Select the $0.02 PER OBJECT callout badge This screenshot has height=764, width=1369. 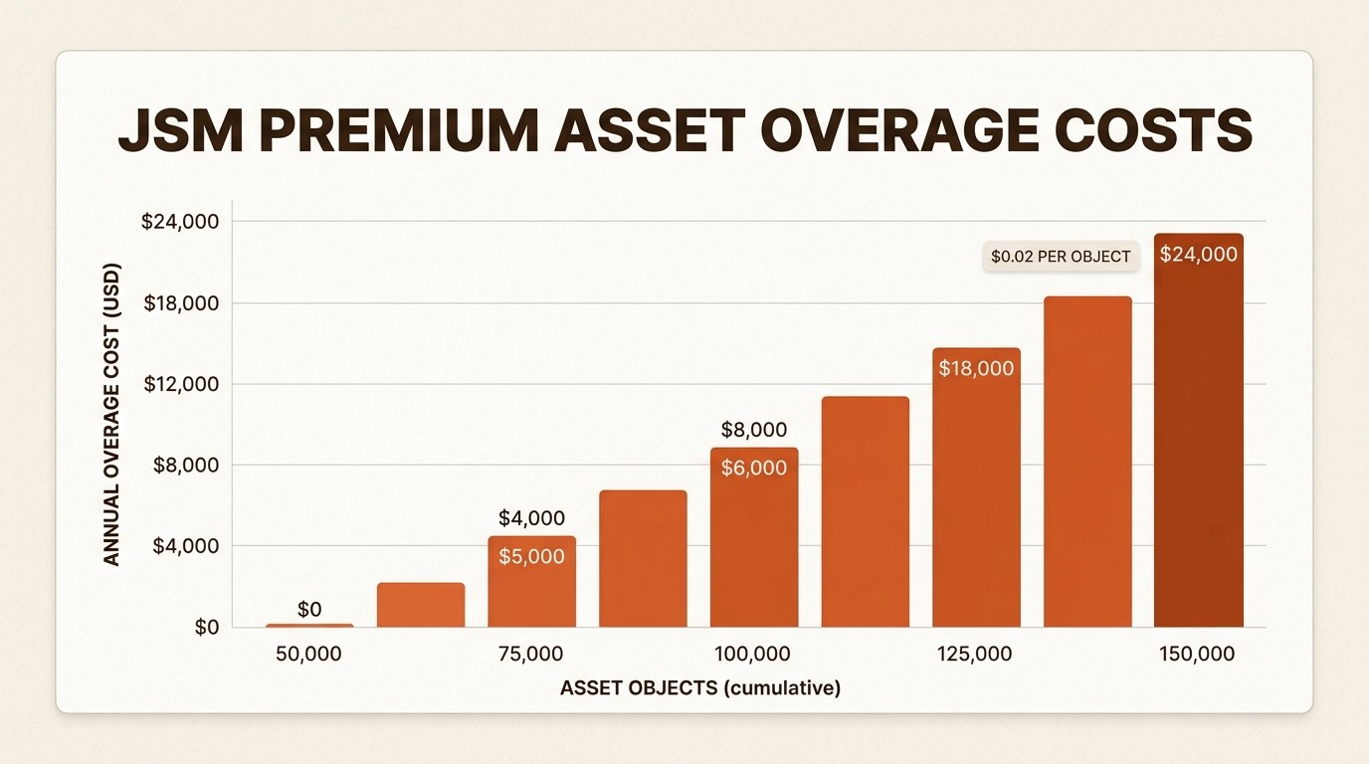[1061, 257]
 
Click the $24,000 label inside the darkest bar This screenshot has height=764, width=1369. [1198, 255]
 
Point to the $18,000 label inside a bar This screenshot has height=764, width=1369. [976, 369]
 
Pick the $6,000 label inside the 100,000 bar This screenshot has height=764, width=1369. [753, 469]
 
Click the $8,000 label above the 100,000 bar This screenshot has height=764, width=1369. [753, 431]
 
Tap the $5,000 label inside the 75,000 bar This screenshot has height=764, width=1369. [531, 557]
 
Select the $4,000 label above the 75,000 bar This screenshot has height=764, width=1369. [531, 518]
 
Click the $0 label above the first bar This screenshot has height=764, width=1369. [309, 610]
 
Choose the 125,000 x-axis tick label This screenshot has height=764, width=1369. [974, 655]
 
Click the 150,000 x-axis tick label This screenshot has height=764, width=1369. [1197, 655]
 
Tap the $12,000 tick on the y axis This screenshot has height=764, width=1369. [182, 384]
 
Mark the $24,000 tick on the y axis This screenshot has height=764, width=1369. [180, 222]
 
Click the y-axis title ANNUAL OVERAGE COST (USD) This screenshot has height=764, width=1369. [112, 415]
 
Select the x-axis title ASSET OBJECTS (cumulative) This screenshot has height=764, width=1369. [699, 688]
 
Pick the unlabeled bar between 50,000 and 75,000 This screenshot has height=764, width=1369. [421, 605]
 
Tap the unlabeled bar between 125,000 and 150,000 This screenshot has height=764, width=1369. [1087, 462]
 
